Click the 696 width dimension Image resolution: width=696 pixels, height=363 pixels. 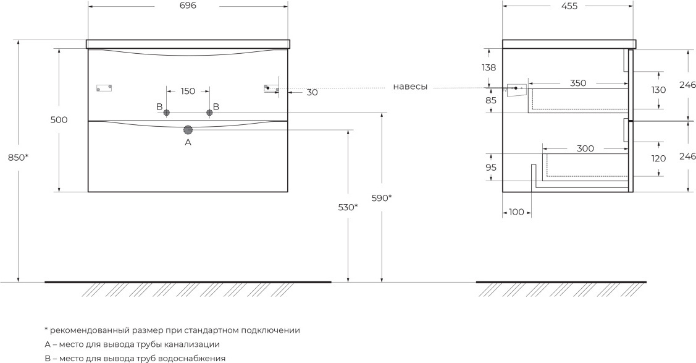coord(188,6)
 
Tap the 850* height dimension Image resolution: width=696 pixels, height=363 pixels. coord(19,157)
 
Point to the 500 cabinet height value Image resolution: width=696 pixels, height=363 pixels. coord(59,120)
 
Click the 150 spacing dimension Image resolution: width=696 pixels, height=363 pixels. coord(188,92)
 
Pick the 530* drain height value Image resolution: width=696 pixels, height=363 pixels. coord(348,207)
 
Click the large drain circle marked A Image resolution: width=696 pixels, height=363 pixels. coord(188,130)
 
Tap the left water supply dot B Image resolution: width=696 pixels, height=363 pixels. coord(167,113)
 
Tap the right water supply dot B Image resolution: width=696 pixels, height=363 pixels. coord(209,113)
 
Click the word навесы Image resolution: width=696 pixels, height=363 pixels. coord(410,87)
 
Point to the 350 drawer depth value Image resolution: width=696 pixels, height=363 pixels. coord(578,83)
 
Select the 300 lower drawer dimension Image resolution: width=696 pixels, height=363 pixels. coord(585,148)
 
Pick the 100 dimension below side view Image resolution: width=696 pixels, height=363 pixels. coord(516,212)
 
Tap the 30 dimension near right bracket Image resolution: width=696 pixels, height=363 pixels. coord(312,92)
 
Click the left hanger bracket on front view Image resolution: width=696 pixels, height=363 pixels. coord(104,88)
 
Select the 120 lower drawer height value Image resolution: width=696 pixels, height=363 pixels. coord(658,158)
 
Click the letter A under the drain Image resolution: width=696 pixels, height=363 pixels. coord(188,142)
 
